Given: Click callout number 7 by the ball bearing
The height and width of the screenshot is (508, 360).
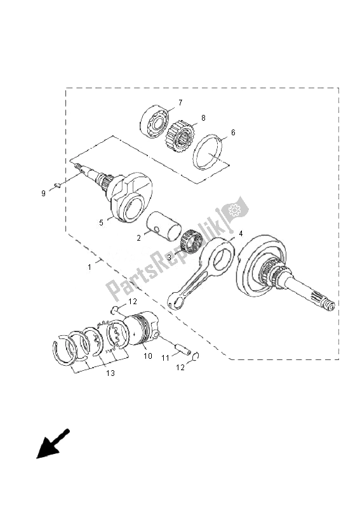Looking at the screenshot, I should coord(180,102).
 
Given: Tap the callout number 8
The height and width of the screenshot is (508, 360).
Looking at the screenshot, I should coord(203,118).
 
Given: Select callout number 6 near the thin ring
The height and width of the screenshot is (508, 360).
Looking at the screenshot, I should coord(233,133).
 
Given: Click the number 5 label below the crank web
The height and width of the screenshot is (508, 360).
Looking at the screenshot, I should coord(100,223).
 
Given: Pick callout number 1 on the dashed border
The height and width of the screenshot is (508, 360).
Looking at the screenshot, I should coord(90,267).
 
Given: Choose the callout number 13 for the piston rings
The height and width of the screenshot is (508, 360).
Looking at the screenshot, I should coord(110,374).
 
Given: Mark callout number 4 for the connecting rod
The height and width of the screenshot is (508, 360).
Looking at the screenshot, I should coord(240,234).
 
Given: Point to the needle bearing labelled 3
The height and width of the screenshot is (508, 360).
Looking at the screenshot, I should coord(190,243).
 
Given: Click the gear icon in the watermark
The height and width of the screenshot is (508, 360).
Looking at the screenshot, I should coord(234,210).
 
